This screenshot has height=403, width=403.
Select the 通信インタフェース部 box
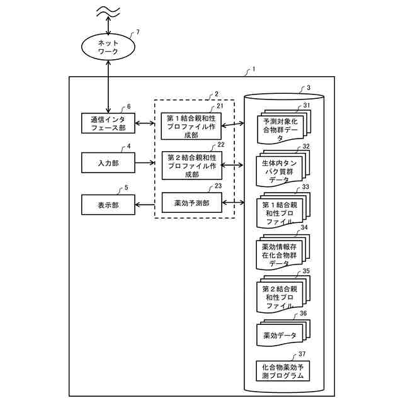pyautogui.click(x=108, y=123)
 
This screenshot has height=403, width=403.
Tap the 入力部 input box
pyautogui.click(x=108, y=163)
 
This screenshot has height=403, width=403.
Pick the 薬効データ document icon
pyautogui.click(x=281, y=334)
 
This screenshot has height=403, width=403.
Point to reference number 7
pyautogui.click(x=138, y=31)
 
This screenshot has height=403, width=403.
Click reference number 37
pyautogui.click(x=303, y=355)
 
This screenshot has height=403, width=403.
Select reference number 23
pyautogui.click(x=218, y=186)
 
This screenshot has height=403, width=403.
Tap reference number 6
pyautogui.click(x=129, y=106)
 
